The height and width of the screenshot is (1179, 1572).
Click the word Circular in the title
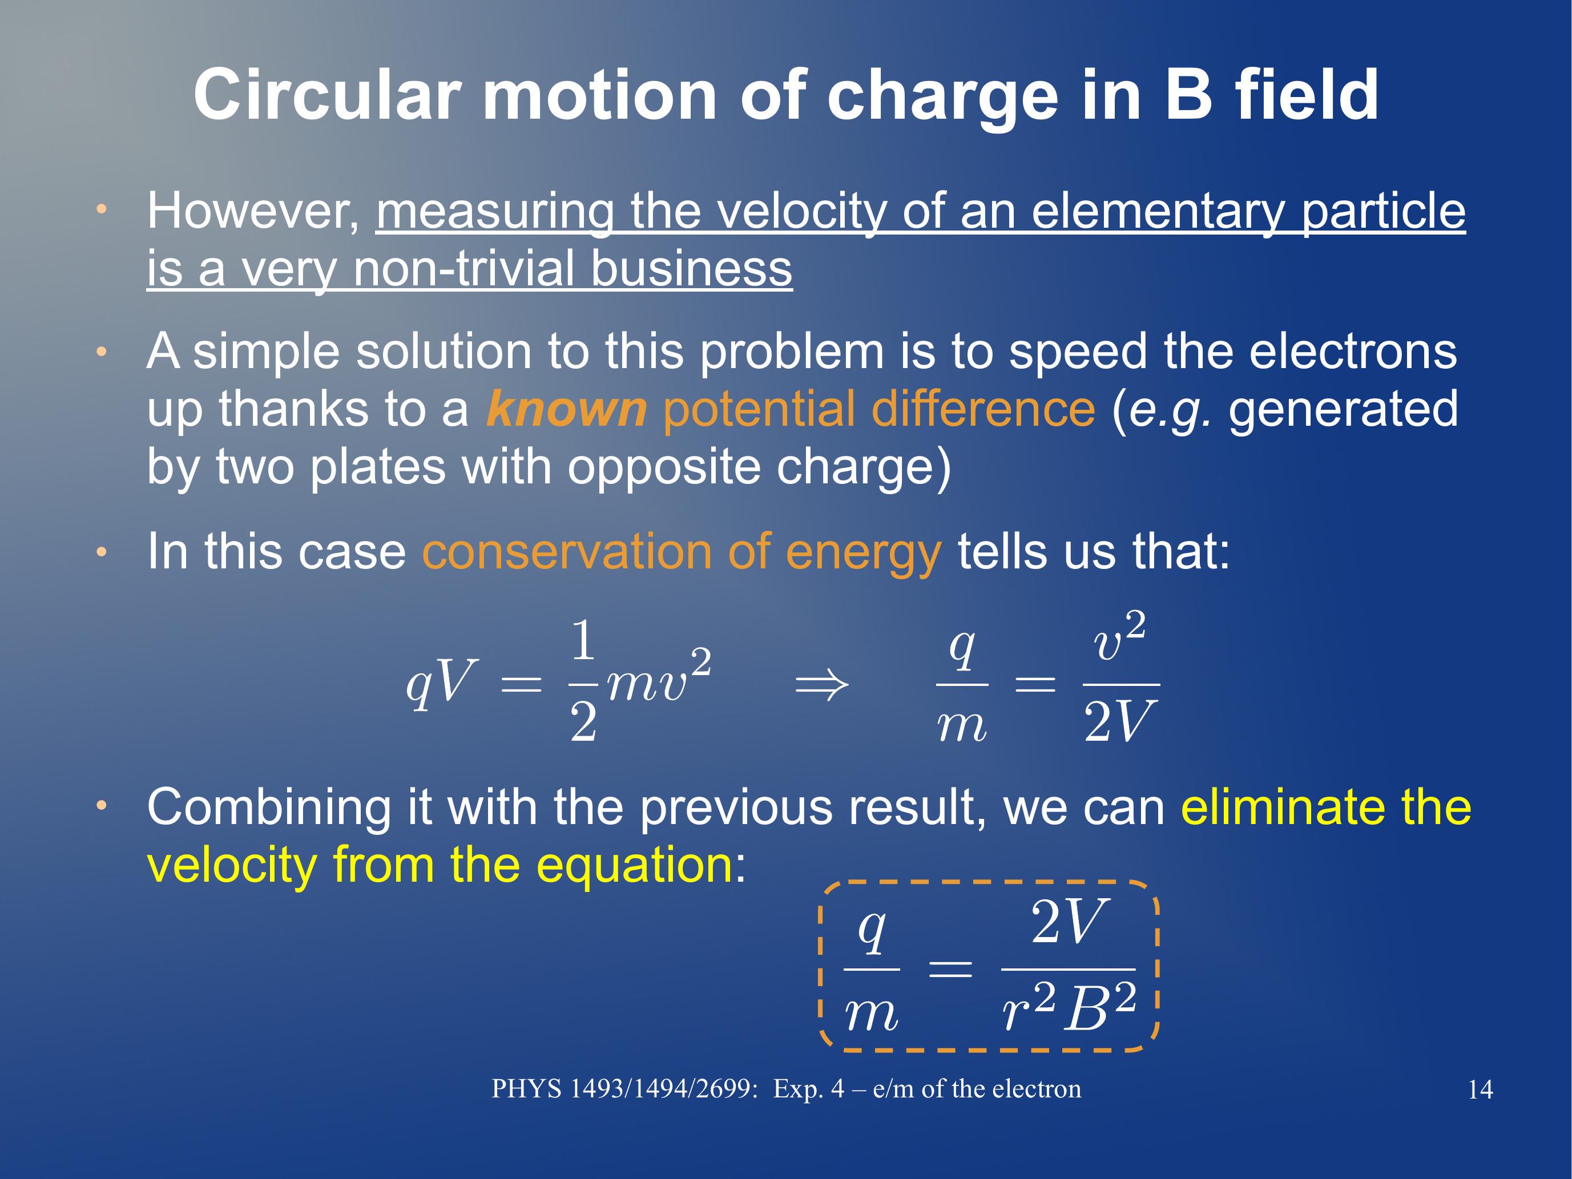[x=328, y=95]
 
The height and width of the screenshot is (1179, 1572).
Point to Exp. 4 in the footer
[x=809, y=1089]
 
